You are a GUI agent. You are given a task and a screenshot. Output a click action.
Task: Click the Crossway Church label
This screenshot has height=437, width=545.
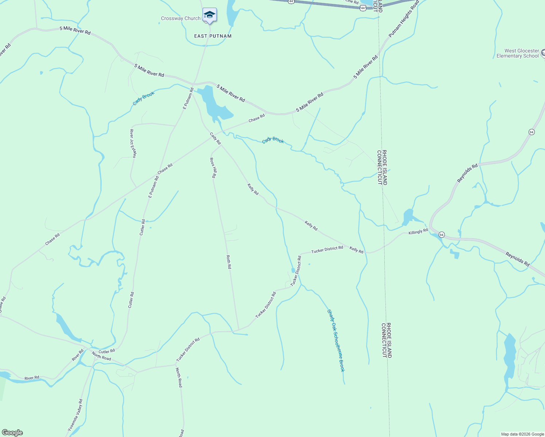(181, 19)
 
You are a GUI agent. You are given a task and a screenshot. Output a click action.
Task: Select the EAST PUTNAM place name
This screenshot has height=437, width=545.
(213, 36)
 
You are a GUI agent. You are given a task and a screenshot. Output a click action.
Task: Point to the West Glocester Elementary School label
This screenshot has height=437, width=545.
(517, 54)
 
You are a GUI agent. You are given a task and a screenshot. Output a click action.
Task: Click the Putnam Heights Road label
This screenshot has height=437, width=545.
(404, 19)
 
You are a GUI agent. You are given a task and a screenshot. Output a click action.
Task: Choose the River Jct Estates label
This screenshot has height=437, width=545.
(133, 143)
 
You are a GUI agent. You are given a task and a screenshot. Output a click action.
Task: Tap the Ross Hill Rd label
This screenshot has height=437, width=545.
(213, 168)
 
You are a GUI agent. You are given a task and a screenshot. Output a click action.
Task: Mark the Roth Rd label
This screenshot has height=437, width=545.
(229, 262)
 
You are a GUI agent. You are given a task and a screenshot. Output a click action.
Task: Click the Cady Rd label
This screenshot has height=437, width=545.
(215, 138)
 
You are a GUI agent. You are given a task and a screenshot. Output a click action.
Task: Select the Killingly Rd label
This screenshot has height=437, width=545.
(418, 232)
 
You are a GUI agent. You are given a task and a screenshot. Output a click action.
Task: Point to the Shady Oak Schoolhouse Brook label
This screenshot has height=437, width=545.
(336, 340)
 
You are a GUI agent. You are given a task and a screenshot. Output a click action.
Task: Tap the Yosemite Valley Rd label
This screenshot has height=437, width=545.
(75, 415)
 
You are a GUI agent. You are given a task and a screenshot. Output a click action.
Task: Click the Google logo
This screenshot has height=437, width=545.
(12, 433)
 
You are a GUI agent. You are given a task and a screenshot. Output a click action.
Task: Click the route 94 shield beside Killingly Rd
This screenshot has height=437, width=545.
(442, 235)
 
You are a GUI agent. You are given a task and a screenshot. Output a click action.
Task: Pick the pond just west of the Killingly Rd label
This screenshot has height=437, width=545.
(408, 217)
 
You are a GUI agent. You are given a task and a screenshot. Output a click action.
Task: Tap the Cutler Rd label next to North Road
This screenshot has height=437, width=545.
(107, 351)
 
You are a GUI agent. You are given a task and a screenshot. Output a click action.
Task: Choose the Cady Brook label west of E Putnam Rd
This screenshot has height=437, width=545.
(144, 98)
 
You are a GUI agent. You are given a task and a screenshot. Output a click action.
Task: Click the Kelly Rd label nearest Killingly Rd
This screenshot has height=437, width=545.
(356, 250)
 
